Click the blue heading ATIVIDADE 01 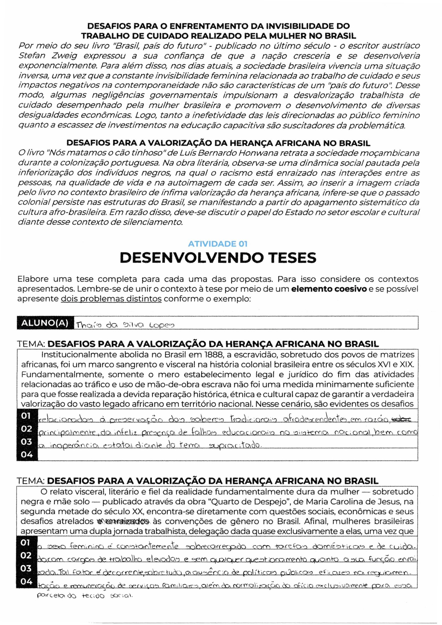[217, 244]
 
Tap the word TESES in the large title [293, 258]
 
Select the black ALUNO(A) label [45, 323]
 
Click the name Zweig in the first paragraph [64, 56]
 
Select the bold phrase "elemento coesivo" [329, 289]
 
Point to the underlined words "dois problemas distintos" [111, 299]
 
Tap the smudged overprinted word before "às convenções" [123, 521]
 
